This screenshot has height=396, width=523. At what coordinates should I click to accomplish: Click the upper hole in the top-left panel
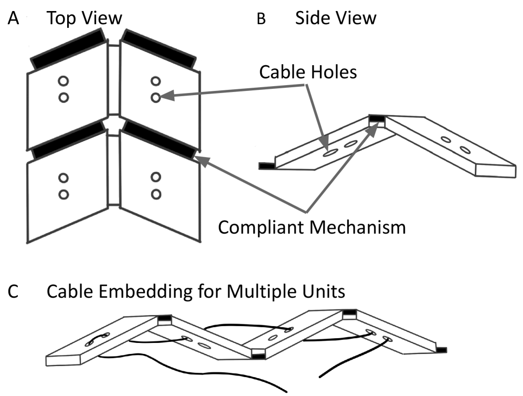tap(64, 81)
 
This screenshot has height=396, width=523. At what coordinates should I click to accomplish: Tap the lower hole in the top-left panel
tap(64, 97)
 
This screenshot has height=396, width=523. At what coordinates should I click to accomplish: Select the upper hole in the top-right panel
tap(156, 81)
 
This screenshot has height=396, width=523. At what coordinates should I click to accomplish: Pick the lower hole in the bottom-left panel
tap(64, 194)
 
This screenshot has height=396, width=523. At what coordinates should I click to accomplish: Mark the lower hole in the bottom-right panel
tap(156, 194)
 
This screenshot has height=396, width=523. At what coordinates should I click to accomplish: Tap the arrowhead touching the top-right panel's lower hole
tap(164, 96)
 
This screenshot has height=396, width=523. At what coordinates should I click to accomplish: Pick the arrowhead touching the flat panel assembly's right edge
tap(200, 159)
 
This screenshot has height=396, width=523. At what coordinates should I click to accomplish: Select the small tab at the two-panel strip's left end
tap(266, 166)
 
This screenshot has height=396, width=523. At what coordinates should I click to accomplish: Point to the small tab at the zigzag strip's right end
tap(442, 350)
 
